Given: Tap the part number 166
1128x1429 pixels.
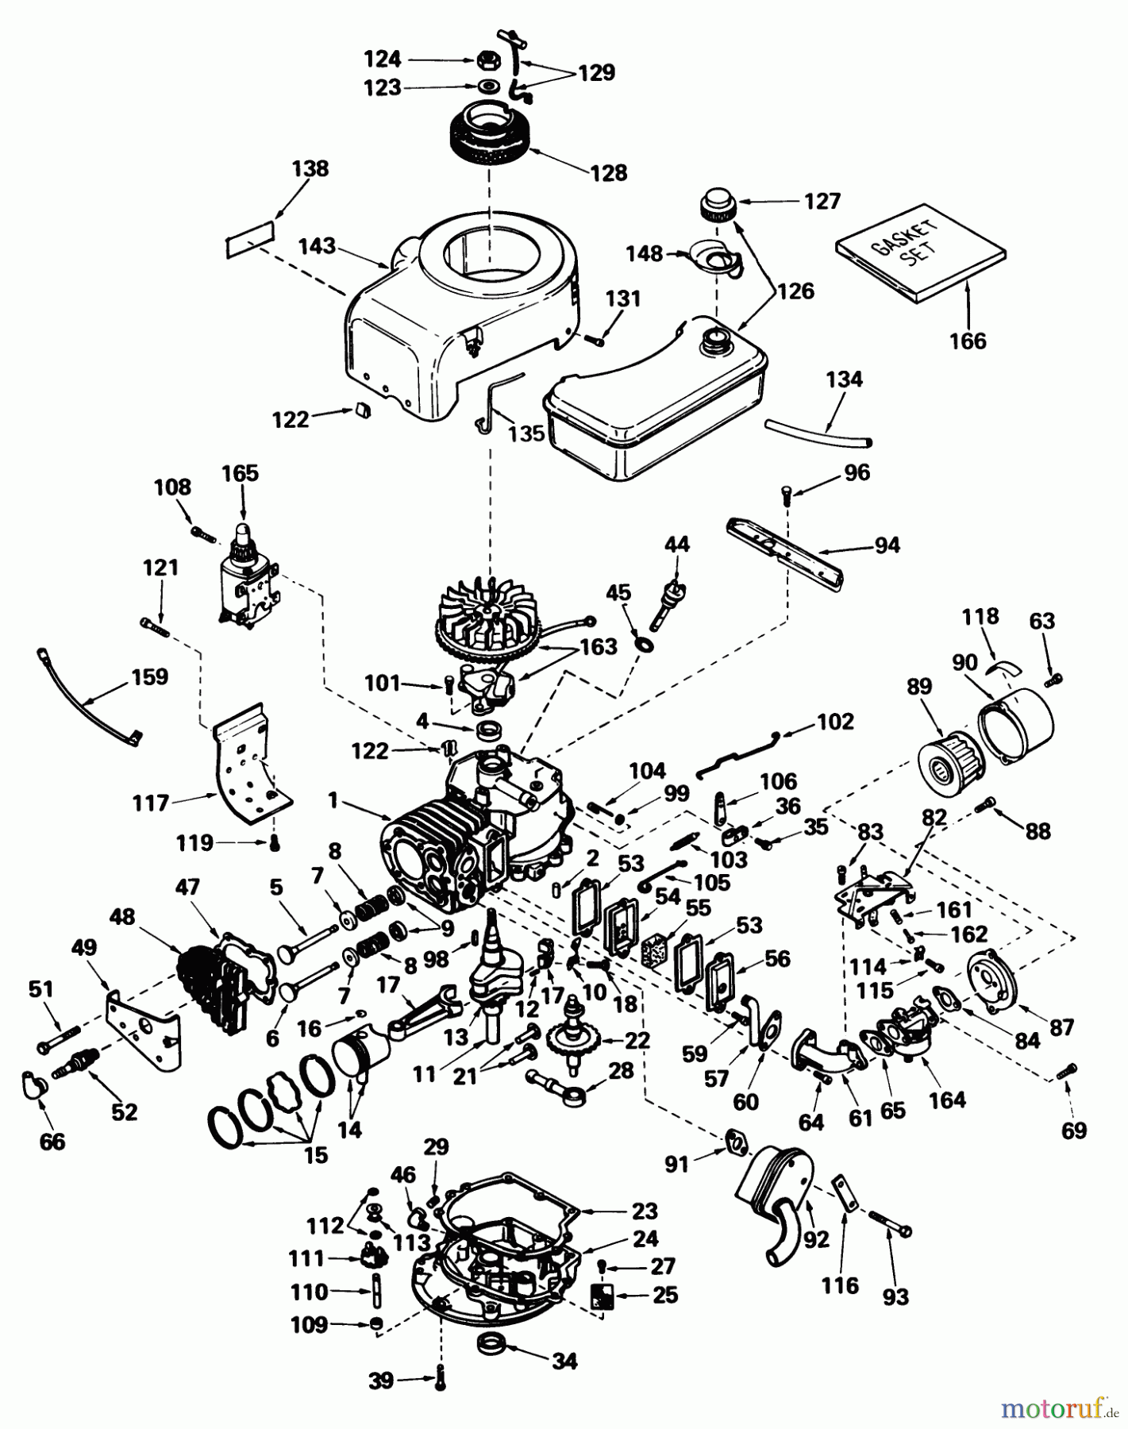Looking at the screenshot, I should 968,341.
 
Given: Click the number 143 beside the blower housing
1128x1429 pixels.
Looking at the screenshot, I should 317,246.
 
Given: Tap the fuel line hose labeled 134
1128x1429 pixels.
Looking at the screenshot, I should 818,432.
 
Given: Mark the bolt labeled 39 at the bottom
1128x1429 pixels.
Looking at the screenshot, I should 440,1382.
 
